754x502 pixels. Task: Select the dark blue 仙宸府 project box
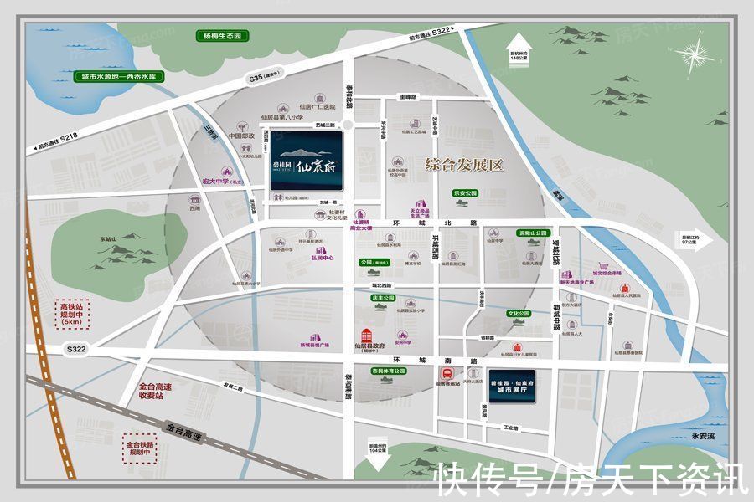[305, 166]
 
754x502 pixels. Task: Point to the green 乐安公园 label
[465, 192]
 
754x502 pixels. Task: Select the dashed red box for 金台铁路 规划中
[139, 444]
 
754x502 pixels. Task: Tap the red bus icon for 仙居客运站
[448, 373]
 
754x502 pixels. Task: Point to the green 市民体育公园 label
[387, 371]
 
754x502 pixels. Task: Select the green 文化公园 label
[520, 315]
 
